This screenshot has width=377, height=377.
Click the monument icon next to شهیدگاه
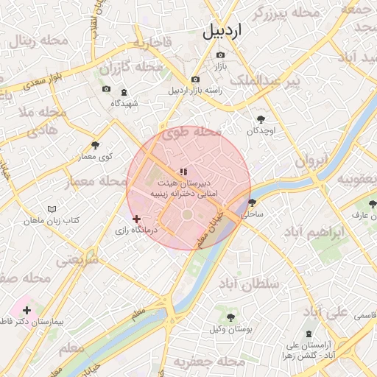122,92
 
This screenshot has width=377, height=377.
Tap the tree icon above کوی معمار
95,145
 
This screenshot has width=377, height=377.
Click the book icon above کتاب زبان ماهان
51,209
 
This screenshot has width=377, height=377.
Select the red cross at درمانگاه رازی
135,219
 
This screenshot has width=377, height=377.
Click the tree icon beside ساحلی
253,202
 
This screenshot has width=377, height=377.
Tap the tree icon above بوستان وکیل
230,317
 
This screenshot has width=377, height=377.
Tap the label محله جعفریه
215,362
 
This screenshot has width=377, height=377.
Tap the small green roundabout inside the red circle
187,214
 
